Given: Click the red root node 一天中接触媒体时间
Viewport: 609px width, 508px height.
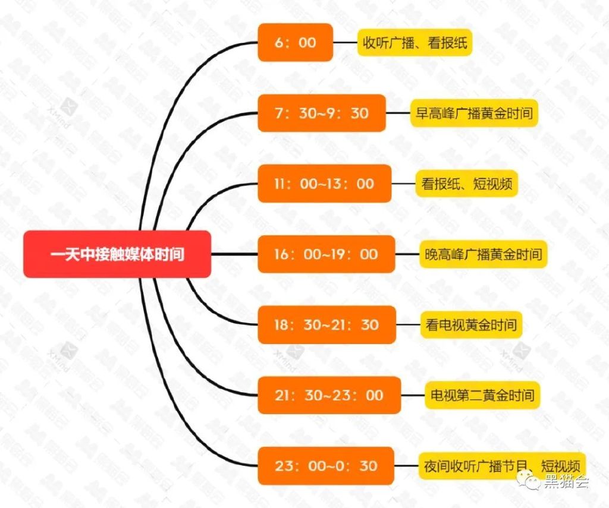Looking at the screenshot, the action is pos(117,254).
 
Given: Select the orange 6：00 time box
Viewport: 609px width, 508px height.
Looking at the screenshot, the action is pos(295,42).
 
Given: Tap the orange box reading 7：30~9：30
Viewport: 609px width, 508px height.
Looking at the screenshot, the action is pos(321,113).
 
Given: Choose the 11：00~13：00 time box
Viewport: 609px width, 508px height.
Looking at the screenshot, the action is pos(324,184).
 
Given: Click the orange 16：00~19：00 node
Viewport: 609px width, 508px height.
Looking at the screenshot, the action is pos(326,254).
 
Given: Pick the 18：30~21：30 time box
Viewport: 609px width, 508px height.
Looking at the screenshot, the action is pos(327,324).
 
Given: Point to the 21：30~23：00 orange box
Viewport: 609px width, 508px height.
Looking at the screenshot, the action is pos(329,395).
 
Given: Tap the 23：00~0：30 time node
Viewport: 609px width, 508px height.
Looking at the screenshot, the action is pos(326,465).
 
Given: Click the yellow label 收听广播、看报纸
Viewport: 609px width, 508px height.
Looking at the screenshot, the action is pos(415,43).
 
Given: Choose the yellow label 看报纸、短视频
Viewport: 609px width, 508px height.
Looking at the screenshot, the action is pos(466,184).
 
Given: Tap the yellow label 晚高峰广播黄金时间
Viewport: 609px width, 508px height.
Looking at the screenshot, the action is pos(484,254).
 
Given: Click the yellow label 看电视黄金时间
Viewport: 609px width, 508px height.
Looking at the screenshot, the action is pos(470,325).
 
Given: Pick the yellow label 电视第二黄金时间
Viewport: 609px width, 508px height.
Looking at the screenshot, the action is pos(482,395).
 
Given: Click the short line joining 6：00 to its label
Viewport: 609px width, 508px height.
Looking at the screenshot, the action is pos(345,42).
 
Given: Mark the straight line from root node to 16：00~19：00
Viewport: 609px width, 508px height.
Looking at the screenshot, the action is pos(234,254).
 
